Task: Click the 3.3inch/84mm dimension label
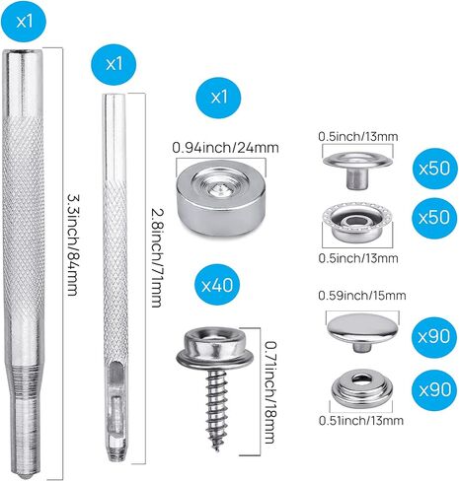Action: [73, 244]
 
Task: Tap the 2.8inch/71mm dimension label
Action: [156, 258]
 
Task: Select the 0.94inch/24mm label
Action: [225, 148]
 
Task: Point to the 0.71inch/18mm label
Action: [269, 392]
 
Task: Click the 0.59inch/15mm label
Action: [362, 296]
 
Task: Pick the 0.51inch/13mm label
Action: [361, 421]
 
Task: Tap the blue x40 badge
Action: [217, 285]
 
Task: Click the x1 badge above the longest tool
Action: [24, 22]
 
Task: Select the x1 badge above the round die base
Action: [218, 98]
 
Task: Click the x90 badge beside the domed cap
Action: [434, 337]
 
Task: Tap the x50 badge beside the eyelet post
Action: [435, 169]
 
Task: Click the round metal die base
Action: [221, 197]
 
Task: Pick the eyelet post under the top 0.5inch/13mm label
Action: [357, 171]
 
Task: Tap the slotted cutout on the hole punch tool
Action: [115, 381]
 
